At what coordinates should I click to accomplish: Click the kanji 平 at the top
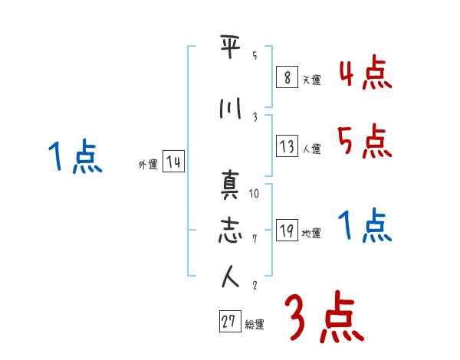[x=230, y=46]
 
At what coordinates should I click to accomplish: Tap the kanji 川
[x=230, y=108]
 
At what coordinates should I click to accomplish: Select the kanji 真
[x=230, y=185]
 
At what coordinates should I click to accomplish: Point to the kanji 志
[x=230, y=230]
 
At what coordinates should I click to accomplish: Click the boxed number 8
[x=287, y=77]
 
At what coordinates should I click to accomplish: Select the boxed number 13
[x=287, y=146]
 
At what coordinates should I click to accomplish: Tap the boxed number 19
[x=287, y=230]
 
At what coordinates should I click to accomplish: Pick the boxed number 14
[x=174, y=162]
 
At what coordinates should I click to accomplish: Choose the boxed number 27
[x=230, y=321]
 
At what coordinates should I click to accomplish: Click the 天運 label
[x=312, y=80]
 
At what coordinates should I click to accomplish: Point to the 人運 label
[x=312, y=149]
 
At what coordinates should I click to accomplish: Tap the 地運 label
[x=311, y=233]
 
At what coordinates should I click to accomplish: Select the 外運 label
[x=148, y=165]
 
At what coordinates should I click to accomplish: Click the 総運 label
[x=255, y=325]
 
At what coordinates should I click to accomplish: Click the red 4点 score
[x=366, y=72]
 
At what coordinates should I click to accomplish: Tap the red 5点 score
[x=365, y=141]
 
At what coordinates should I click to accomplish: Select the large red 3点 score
[x=324, y=317]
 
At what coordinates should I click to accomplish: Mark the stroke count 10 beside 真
[x=254, y=194]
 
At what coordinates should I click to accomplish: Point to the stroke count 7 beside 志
[x=255, y=239]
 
